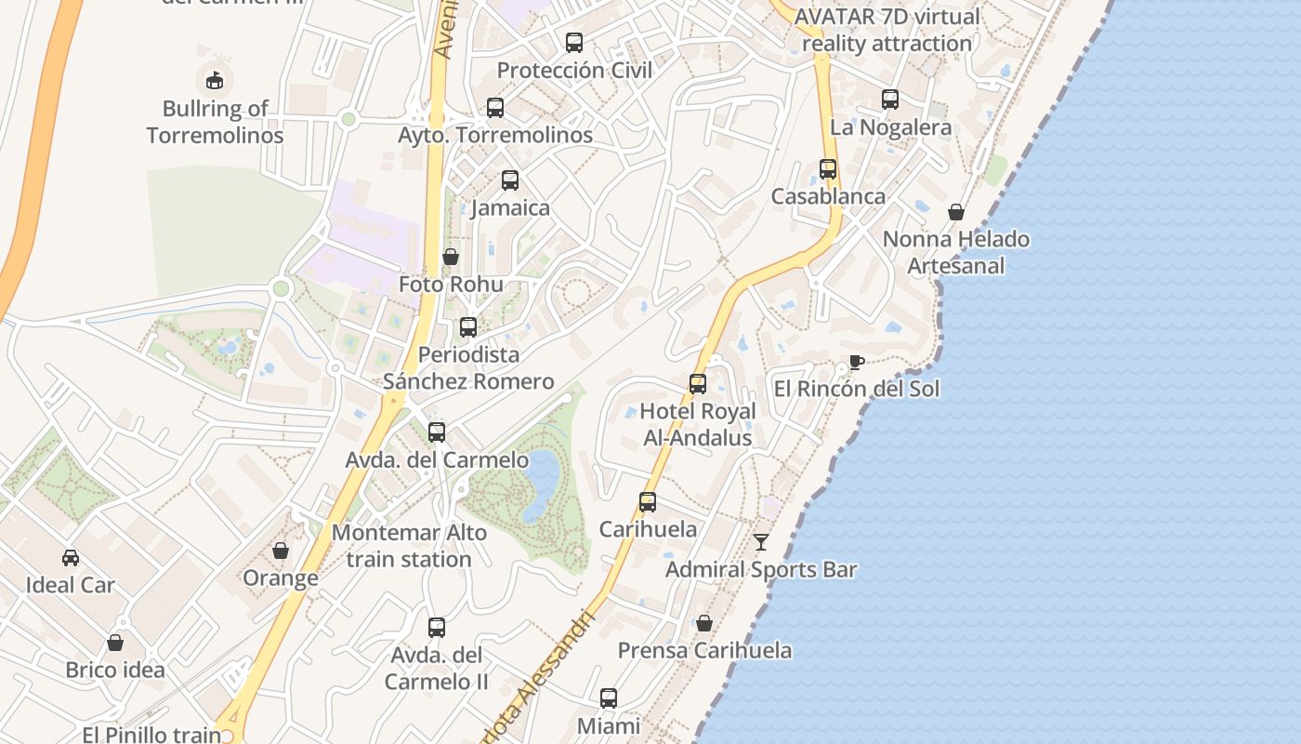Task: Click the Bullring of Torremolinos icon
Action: pyautogui.click(x=215, y=79)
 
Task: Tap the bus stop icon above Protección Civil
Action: pyautogui.click(x=574, y=42)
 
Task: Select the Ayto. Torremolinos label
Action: pyautogui.click(x=495, y=135)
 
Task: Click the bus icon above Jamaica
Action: pyautogui.click(x=510, y=180)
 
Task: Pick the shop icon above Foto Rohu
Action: pyautogui.click(x=451, y=257)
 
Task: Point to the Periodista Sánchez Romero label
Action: pyautogui.click(x=468, y=368)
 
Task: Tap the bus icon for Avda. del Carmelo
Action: pyautogui.click(x=437, y=432)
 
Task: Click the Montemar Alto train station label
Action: pyautogui.click(x=409, y=546)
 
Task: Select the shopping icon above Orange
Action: pyautogui.click(x=281, y=551)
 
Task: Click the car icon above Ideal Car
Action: pyautogui.click(x=71, y=557)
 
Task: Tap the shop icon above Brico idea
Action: pyautogui.click(x=115, y=643)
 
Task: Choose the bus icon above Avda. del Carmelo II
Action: pyautogui.click(x=437, y=627)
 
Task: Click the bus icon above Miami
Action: pyautogui.click(x=609, y=697)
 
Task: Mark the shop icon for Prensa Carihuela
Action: pyautogui.click(x=704, y=623)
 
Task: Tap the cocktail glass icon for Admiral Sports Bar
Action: pyautogui.click(x=761, y=541)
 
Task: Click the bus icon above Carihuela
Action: pyautogui.click(x=648, y=502)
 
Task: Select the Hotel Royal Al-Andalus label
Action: pyautogui.click(x=698, y=424)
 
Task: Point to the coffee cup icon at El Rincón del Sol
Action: pyautogui.click(x=856, y=362)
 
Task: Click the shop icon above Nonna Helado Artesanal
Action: pyautogui.click(x=956, y=212)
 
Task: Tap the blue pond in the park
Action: pyautogui.click(x=541, y=482)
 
